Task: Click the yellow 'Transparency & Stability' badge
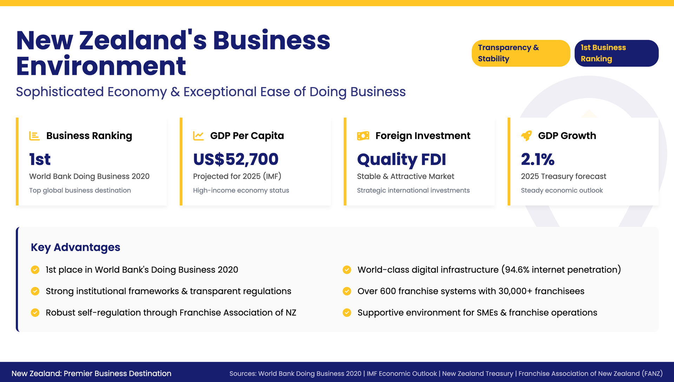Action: coord(521,53)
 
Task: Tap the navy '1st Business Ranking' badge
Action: coord(616,53)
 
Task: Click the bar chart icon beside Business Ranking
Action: coord(34,136)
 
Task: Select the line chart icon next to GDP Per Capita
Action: coord(198,136)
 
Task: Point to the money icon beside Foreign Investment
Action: coord(363,136)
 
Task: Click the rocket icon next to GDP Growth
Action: coord(527,136)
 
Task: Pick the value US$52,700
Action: coord(236,159)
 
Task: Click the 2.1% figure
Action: coord(537,159)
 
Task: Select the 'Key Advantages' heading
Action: coord(75,248)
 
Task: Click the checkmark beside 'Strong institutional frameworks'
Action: coord(35,291)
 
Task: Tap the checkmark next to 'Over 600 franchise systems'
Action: coord(347,291)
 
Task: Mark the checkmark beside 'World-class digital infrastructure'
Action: coord(347,270)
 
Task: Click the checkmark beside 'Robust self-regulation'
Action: coord(35,313)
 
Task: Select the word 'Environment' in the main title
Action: coord(101,66)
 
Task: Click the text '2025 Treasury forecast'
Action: coord(563,176)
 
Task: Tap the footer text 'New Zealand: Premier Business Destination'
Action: coord(91,374)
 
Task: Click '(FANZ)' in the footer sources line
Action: coord(652,374)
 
